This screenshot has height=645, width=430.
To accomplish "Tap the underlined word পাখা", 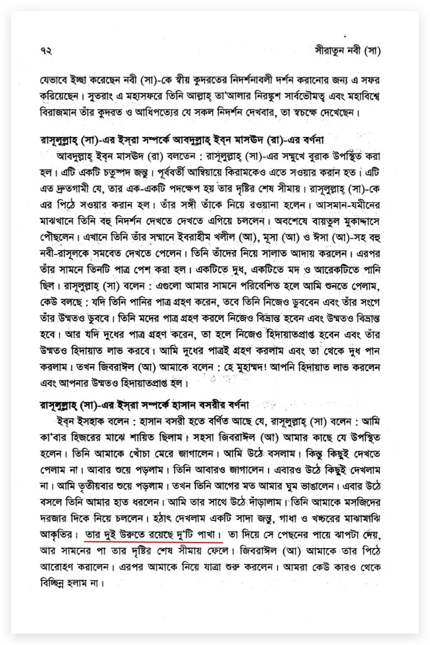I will [209, 533].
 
